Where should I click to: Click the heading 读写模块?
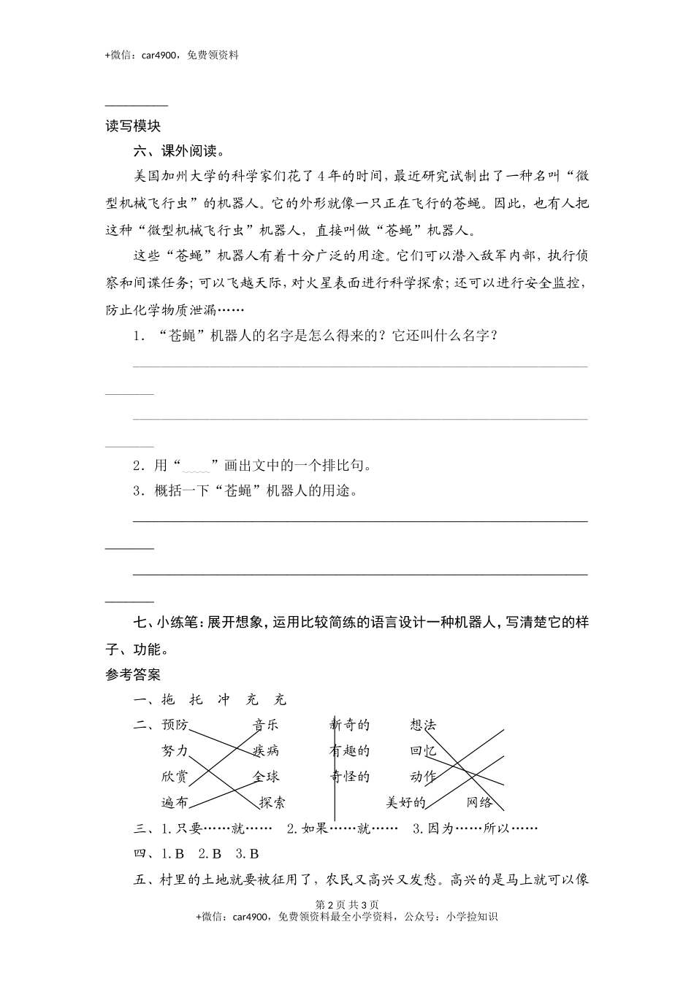[133, 126]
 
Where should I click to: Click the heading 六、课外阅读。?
[178, 151]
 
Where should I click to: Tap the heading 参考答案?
[133, 674]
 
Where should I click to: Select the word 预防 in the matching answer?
[175, 725]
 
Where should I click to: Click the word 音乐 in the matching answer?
[266, 725]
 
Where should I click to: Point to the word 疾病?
[266, 750]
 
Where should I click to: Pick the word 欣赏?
[175, 777]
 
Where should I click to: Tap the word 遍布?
[175, 802]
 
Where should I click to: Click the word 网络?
[480, 802]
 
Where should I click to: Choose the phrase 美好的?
[405, 802]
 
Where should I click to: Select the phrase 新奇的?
[350, 725]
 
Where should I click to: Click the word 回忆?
[423, 750]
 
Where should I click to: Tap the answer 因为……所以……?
[476, 828]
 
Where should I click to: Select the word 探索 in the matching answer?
[272, 802]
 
